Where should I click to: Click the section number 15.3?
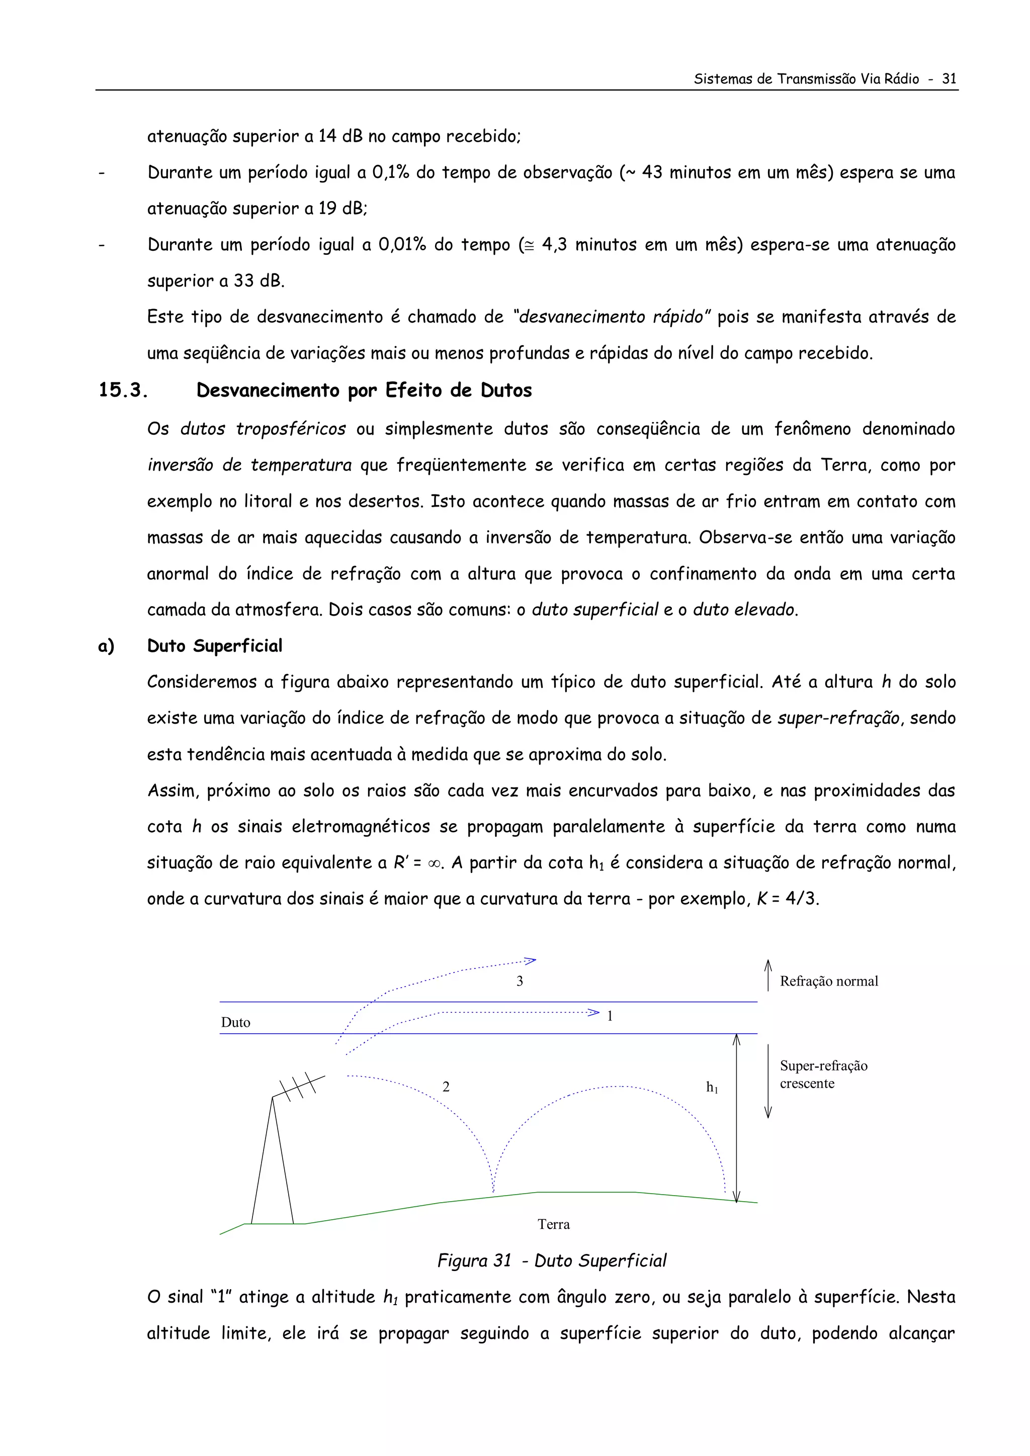click(123, 390)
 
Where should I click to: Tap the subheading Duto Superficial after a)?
click(215, 645)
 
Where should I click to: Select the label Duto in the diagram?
click(235, 1022)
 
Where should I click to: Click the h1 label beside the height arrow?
click(712, 1088)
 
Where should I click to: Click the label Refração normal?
click(828, 982)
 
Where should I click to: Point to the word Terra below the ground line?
click(553, 1224)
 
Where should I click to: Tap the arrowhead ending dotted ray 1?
click(594, 1012)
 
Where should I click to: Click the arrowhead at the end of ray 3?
click(531, 961)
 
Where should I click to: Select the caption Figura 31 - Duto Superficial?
click(552, 1260)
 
